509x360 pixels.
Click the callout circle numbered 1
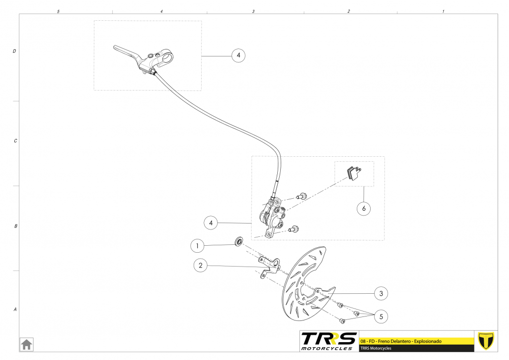198,245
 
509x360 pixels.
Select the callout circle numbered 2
200,266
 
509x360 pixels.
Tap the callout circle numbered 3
381,293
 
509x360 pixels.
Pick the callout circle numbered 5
381,315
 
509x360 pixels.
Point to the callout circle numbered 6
364,209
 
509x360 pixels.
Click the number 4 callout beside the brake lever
238,55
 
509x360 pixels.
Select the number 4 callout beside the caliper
211,223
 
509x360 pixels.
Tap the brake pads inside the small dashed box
353,173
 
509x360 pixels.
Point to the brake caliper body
272,215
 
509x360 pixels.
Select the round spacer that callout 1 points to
239,242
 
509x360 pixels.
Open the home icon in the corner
26,344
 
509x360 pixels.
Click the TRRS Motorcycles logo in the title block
329,341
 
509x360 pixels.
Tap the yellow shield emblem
486,341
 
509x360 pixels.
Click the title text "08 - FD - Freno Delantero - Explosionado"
400,341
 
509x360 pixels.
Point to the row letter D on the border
14,51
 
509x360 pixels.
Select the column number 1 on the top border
443,11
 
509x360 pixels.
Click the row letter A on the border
15,310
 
